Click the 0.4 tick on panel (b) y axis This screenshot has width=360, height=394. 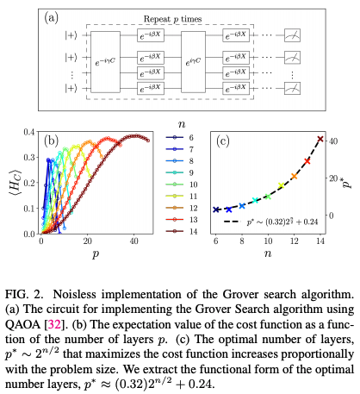[29, 132]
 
